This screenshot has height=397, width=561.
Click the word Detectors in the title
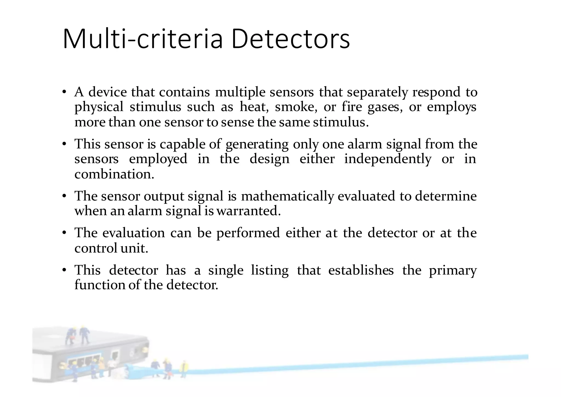[290, 39]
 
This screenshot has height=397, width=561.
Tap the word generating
[257, 144]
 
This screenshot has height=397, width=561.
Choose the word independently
[388, 159]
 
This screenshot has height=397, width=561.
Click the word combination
[114, 174]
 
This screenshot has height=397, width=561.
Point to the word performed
[248, 233]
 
